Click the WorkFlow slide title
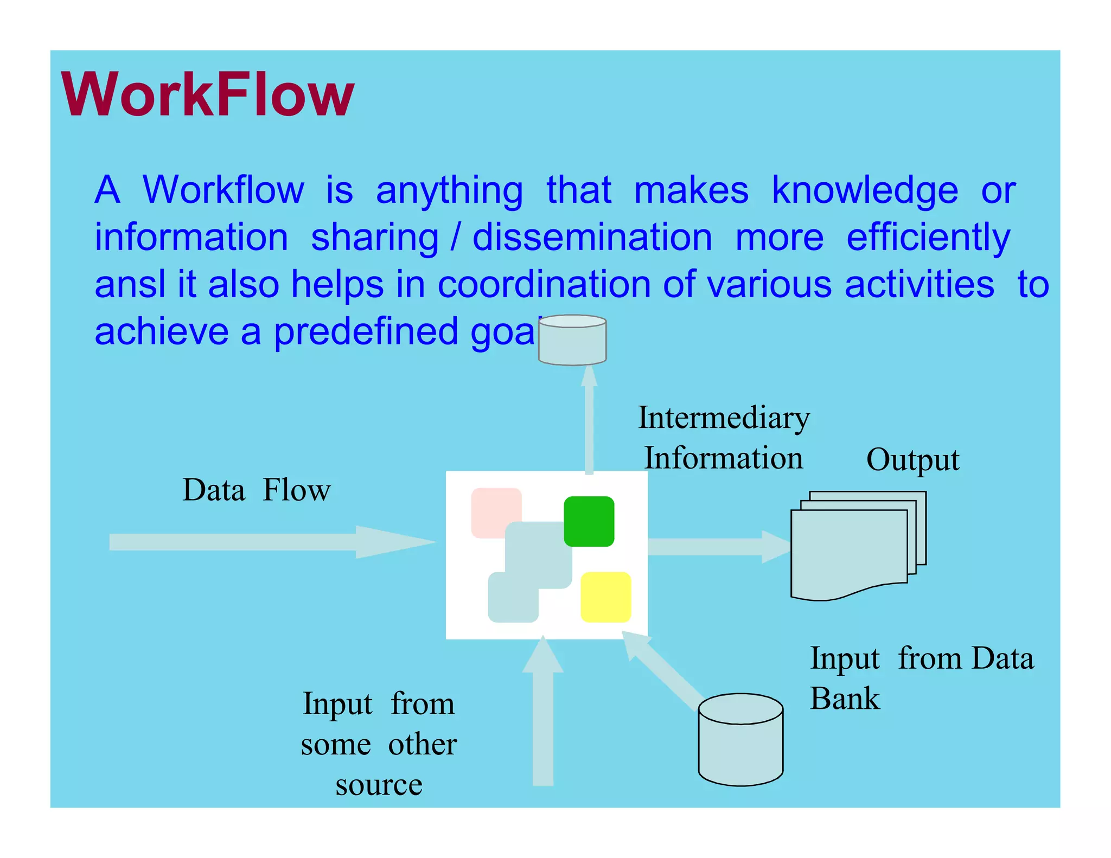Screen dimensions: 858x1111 (x=208, y=95)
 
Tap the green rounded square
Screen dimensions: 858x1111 (x=589, y=521)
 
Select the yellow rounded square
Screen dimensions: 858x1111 (x=605, y=597)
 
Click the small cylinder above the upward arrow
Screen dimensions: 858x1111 (x=572, y=340)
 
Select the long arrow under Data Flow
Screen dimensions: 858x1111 (x=260, y=542)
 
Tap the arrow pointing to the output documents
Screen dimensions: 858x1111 (x=716, y=547)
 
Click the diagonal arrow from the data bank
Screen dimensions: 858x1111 (x=665, y=673)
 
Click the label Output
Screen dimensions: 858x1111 (x=912, y=460)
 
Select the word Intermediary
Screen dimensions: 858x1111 (x=724, y=418)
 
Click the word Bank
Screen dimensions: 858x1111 (x=845, y=698)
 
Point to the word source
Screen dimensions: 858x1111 (x=379, y=785)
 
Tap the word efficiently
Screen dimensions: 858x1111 (x=928, y=237)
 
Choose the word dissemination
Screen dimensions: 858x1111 (x=592, y=237)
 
